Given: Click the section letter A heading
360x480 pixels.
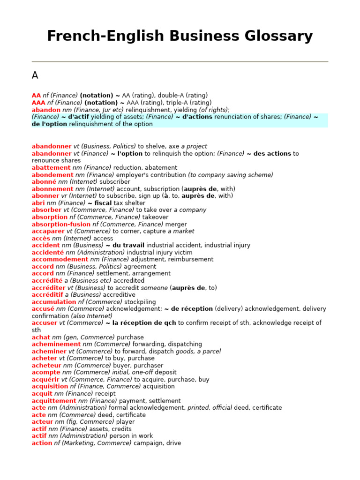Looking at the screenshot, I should tap(35, 75).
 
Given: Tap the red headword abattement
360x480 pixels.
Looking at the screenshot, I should tap(51, 168).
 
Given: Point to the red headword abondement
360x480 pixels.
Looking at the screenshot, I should tap(52, 175).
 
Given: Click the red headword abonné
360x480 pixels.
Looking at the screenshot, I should tap(44, 182).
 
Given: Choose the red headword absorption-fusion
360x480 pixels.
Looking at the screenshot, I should tap(61, 225).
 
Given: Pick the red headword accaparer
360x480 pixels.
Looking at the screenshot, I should tap(48, 232).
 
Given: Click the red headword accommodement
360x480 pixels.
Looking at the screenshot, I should tap(60, 259).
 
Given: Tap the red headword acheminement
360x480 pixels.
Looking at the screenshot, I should tap(56, 345).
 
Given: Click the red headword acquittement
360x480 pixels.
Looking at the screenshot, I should tap(54, 401).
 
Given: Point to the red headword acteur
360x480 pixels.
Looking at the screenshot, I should tap(43, 422).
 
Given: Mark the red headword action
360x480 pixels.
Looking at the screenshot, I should tap(42, 443).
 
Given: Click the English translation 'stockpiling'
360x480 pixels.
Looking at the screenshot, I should tap(140, 302).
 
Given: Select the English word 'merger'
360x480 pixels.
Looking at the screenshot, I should tap(176, 225).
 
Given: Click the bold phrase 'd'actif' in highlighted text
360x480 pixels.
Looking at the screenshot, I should tap(78, 117).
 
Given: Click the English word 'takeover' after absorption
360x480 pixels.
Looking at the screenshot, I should tap(155, 217).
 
